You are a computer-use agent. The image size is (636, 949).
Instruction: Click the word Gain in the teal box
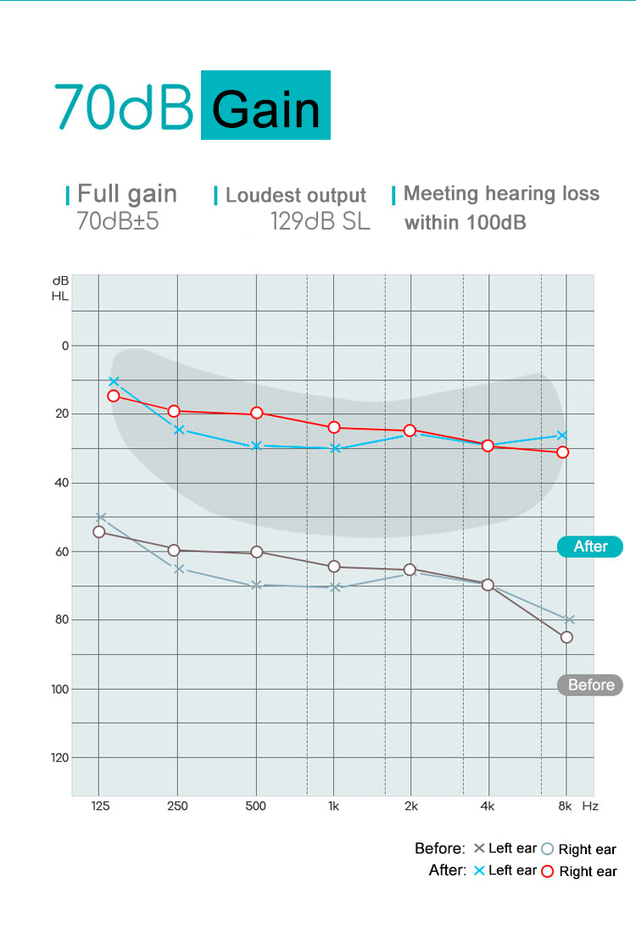[265, 108]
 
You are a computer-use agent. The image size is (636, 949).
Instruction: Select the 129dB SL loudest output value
[321, 222]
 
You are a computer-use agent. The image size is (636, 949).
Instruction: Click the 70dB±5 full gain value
[118, 222]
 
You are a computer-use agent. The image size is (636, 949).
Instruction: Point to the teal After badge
[590, 547]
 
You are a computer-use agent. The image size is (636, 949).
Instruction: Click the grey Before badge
[590, 685]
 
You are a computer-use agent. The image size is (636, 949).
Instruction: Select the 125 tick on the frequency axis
[99, 806]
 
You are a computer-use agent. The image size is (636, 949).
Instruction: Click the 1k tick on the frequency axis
[333, 806]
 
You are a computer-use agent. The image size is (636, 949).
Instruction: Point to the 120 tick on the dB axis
[59, 757]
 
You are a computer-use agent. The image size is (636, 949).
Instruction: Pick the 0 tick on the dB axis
[64, 346]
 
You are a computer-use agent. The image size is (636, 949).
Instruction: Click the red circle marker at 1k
[334, 427]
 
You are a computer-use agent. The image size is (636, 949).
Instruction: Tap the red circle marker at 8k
[563, 452]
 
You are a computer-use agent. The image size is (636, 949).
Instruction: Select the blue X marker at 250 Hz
[179, 430]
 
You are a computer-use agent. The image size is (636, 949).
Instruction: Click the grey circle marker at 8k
[566, 637]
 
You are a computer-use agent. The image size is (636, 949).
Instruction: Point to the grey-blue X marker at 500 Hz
[257, 585]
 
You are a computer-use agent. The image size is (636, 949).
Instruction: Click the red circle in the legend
[547, 871]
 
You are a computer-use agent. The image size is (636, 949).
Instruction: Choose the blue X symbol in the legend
[479, 870]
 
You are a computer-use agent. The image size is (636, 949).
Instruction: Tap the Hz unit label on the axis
[590, 806]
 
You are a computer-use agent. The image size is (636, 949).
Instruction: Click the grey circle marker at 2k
[410, 569]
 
